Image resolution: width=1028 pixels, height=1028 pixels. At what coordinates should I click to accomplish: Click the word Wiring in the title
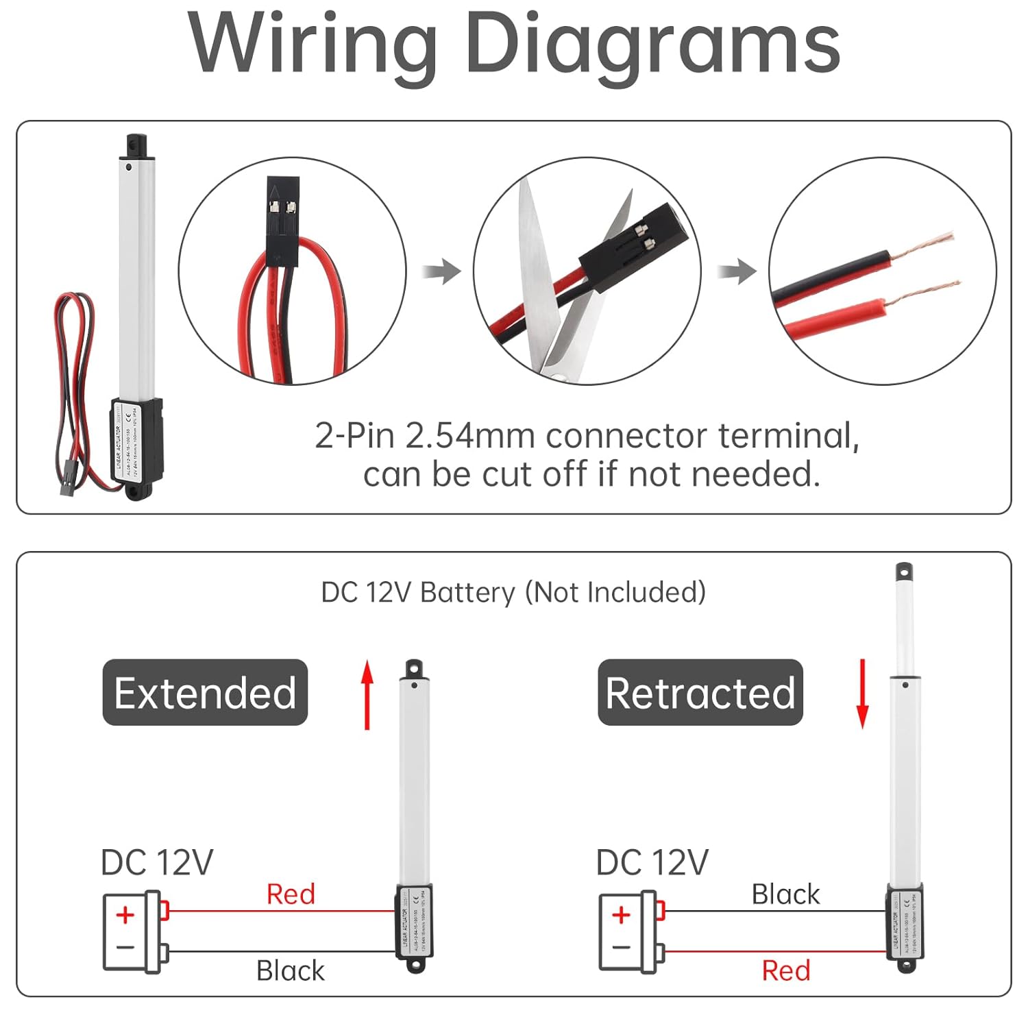coord(312,45)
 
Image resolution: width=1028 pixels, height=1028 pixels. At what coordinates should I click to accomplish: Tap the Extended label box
coord(205,692)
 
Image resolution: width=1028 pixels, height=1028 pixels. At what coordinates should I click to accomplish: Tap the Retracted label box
coord(700,692)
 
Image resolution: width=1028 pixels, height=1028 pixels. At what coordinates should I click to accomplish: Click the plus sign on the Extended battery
coord(125,915)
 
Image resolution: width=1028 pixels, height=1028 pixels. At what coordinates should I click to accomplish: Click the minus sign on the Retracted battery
coord(621,948)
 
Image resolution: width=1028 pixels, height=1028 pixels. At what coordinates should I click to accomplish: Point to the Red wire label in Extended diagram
coord(291,894)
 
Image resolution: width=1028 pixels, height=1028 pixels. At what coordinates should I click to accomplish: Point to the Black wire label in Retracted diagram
coord(785,894)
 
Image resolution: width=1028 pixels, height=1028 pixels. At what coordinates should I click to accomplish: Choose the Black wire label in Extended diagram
coord(291,970)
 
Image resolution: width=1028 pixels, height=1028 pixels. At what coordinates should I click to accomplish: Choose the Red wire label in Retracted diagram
coord(786,970)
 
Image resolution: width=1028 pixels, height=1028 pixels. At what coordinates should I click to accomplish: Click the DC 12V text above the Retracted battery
coord(652,862)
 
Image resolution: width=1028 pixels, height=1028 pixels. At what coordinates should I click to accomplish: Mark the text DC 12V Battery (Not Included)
coord(513,592)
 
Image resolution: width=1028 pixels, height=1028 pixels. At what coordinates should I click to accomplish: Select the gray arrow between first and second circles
coord(442,271)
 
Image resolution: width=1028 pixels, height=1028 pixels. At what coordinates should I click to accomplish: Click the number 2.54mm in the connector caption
coord(469,436)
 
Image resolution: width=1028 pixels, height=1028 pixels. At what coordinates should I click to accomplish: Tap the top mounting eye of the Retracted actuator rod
coord(904,571)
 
